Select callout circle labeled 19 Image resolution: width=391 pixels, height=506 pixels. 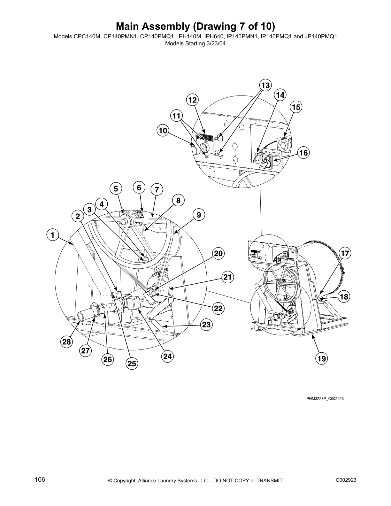[321, 358]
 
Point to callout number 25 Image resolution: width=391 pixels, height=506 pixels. [132, 363]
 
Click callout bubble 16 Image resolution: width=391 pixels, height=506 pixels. [303, 153]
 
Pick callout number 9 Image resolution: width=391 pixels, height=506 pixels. [199, 215]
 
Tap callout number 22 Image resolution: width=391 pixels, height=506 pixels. [218, 308]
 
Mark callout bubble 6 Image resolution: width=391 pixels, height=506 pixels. [139, 188]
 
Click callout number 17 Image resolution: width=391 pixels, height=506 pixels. [345, 254]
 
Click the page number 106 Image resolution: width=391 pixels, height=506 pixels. [40, 479]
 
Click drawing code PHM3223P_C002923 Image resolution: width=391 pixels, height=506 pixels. [325, 398]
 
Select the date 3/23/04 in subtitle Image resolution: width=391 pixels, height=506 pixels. [215, 43]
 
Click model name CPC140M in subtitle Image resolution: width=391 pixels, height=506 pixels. [87, 36]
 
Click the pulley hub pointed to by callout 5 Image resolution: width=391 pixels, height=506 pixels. [126, 220]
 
